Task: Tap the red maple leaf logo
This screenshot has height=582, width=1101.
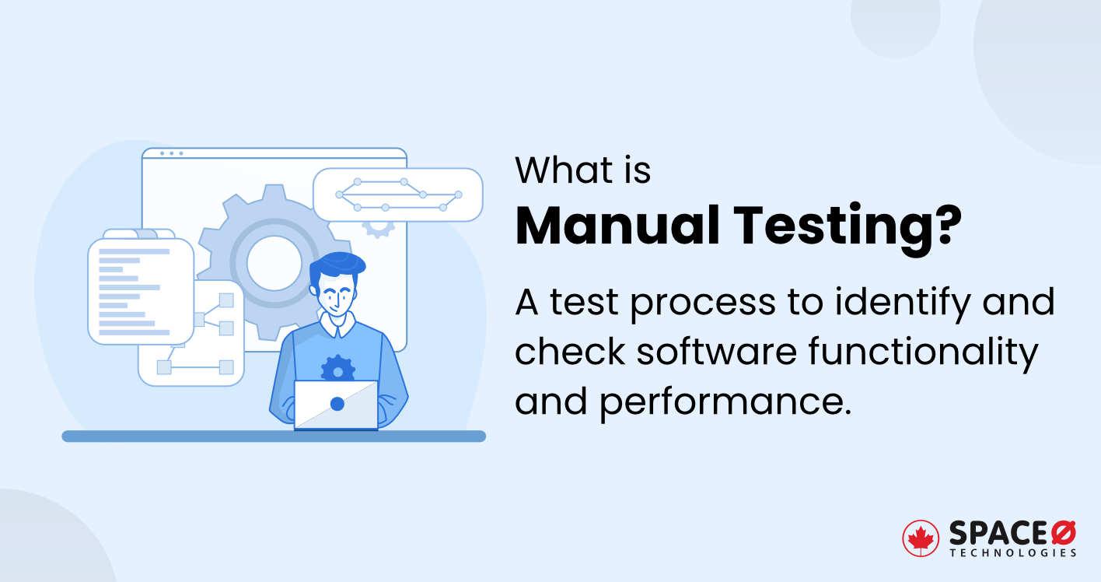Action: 921,538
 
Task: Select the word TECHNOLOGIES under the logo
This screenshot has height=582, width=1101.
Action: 1013,552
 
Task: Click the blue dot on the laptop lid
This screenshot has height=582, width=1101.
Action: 337,404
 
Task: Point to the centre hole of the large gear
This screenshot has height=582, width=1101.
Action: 274,262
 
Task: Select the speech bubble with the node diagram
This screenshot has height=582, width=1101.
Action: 397,195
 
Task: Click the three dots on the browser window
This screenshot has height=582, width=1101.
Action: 171,153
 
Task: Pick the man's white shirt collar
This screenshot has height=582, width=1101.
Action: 337,325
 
